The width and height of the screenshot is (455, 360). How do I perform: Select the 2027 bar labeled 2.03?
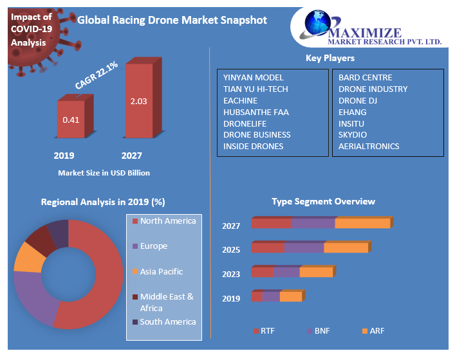point(138,100)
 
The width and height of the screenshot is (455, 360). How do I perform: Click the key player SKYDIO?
point(353,134)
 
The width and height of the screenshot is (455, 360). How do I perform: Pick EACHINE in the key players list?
point(240,100)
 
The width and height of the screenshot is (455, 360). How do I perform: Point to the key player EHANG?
point(352,112)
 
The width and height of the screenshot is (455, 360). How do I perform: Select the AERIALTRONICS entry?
point(369,146)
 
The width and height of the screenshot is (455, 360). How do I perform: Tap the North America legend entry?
point(167,221)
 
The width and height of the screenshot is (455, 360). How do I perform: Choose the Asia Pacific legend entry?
point(161,272)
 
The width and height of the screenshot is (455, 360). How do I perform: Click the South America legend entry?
point(167,321)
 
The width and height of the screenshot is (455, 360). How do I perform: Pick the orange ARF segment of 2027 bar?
point(362,224)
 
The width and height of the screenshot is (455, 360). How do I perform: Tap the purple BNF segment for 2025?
point(303,248)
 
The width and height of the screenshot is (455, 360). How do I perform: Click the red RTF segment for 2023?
point(262,273)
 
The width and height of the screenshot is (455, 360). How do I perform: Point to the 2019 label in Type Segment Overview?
point(231,298)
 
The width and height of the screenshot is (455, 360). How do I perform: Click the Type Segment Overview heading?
point(323,201)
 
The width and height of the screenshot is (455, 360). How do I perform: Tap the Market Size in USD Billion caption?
point(104,173)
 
